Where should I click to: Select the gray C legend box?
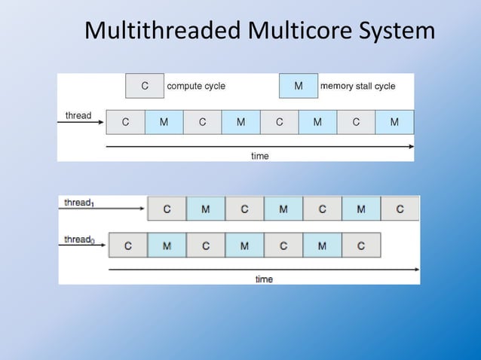point(145,86)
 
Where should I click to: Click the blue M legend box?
point(299,86)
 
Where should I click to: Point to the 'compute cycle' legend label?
point(196,86)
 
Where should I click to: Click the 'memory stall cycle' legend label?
point(357,86)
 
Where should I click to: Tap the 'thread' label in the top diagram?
point(78,115)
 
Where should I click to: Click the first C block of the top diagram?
point(125,122)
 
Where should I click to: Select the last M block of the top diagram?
point(394,122)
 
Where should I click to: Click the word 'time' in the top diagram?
point(259,156)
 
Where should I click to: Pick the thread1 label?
point(79,203)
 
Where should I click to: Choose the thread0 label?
point(79,239)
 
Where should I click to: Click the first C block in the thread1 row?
point(167,209)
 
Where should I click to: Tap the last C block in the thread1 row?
point(400,209)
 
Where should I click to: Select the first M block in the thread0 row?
point(167,246)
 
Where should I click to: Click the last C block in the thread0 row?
point(361,246)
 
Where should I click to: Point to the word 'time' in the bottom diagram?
point(264,279)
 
